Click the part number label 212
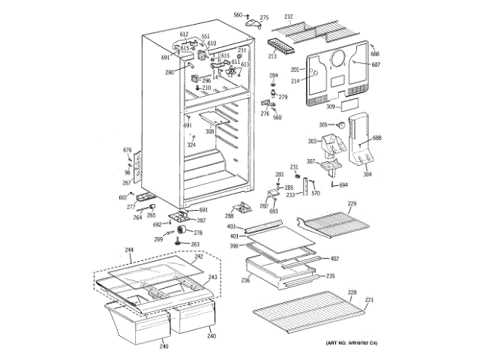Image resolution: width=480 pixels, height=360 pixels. click(288, 16)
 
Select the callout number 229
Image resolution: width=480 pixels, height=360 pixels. click(352, 204)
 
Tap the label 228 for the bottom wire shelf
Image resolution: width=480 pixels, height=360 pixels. click(351, 292)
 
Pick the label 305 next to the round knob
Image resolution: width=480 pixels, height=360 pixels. click(323, 124)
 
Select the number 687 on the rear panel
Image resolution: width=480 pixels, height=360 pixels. click(376, 64)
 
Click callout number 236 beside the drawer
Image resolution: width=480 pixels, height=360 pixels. click(245, 280)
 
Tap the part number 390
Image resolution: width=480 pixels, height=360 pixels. click(233, 246)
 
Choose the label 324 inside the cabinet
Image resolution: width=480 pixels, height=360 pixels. click(191, 145)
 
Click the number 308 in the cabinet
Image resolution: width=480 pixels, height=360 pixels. click(210, 132)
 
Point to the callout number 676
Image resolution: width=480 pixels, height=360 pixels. click(127, 151)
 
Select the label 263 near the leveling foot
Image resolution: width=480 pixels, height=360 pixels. click(196, 244)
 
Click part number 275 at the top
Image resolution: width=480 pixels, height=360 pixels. click(263, 17)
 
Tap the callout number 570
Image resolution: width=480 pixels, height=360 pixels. click(316, 193)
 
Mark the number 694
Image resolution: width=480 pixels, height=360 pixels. click(343, 184)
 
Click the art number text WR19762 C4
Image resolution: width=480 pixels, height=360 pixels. click(352, 343)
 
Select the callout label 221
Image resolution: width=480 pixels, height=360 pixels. click(369, 301)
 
